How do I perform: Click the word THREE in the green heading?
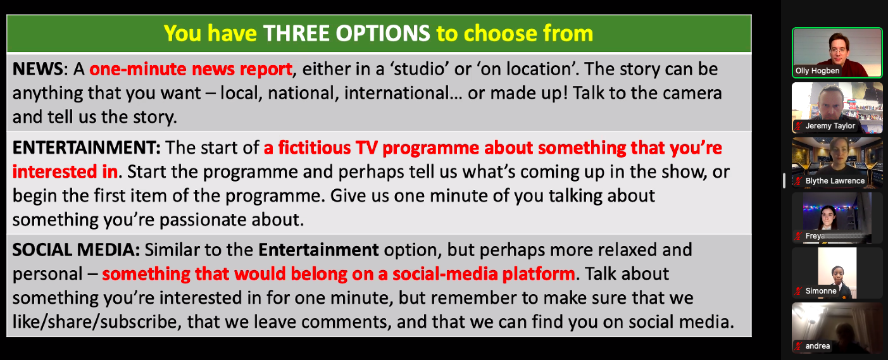[x=296, y=34]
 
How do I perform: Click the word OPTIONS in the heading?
[x=383, y=34]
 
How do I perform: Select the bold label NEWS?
[x=38, y=69]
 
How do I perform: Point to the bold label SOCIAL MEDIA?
[x=76, y=250]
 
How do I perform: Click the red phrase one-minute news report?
[x=191, y=69]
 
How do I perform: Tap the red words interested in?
[x=65, y=171]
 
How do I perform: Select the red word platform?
[x=539, y=274]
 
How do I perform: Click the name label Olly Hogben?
[x=818, y=71]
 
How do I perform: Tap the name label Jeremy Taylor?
[x=830, y=126]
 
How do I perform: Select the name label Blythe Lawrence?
[x=835, y=181]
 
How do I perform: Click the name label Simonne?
[x=821, y=291]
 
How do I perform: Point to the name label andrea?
[x=818, y=346]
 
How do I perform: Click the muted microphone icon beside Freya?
[x=798, y=236]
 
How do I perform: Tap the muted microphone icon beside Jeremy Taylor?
[x=798, y=126]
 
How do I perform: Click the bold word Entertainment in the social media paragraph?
[x=319, y=250]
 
